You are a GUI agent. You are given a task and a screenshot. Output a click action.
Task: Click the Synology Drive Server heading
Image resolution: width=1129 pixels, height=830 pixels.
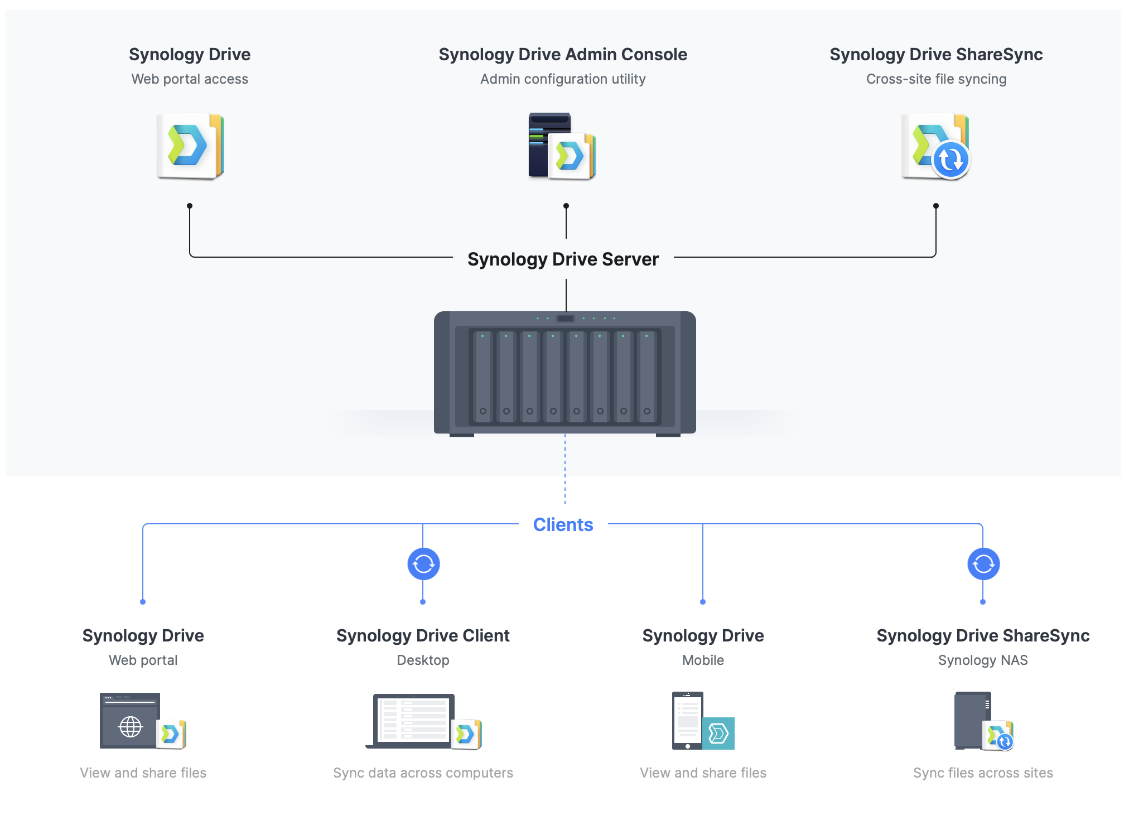pos(563,259)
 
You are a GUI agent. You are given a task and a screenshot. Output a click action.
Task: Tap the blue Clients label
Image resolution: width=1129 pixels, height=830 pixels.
pos(563,525)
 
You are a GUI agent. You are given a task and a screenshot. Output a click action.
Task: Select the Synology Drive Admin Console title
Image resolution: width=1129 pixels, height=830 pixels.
pos(563,55)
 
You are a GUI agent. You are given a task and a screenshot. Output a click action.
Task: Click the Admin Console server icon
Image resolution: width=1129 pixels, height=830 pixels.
pos(562,146)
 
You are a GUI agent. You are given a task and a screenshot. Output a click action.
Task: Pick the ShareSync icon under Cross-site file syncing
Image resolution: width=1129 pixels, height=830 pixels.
pos(935,146)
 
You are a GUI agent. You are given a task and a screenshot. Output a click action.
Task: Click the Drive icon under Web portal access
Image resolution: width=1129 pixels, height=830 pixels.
pos(190,146)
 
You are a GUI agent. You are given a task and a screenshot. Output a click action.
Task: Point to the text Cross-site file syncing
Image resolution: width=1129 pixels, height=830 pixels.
pos(936,79)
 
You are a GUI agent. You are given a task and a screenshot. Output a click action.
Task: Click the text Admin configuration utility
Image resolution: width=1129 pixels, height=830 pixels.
pos(563,79)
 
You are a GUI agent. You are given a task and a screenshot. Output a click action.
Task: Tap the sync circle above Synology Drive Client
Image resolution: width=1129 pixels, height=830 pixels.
pos(423,564)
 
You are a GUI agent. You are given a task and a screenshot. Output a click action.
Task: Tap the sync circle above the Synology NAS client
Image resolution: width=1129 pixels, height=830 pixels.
pos(983,564)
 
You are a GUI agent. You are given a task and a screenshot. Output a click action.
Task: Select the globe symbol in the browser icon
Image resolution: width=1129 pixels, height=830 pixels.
pos(131,727)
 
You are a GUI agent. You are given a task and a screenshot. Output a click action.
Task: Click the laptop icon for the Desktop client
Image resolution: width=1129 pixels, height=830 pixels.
pos(413,721)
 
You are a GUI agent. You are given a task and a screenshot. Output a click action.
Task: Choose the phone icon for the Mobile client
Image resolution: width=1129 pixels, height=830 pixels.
pos(688,721)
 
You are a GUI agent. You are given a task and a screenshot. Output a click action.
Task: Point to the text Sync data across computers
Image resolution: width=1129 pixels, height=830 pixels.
pos(423,773)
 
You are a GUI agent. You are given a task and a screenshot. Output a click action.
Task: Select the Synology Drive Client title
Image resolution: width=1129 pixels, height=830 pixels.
pos(423,636)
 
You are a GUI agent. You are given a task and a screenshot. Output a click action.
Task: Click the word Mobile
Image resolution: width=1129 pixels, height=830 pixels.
pos(703,660)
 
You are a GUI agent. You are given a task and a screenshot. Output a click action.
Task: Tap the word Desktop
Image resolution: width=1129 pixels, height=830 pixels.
pos(423,660)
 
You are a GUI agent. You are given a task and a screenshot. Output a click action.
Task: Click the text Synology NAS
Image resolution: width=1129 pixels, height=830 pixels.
pos(983,660)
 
